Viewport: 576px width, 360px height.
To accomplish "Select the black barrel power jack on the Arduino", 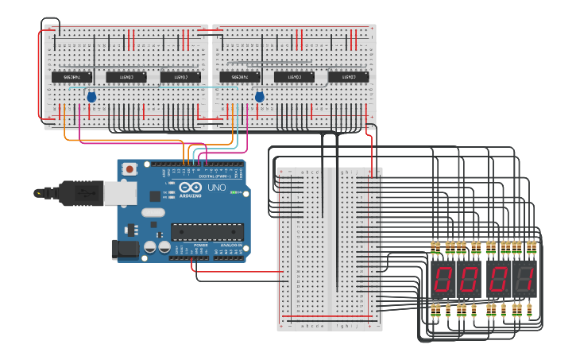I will coord(125,249).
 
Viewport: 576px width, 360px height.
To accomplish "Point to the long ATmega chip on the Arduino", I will coord(207,231).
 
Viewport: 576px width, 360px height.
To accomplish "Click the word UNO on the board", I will coord(217,188).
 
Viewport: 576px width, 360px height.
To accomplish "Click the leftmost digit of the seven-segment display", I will coord(443,279).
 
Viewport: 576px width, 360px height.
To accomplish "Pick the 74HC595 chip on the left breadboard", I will coord(72,77).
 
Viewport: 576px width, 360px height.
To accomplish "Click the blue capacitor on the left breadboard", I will coord(91,97).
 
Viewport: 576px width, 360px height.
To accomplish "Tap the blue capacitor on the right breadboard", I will coord(259,97).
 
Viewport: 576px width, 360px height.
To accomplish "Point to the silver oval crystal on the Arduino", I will coord(153,212).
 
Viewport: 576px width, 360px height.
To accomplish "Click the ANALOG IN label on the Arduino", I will coord(231,246).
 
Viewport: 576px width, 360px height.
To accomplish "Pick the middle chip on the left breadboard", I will coord(126,77).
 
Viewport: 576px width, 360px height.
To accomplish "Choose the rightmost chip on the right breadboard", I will coord(349,77).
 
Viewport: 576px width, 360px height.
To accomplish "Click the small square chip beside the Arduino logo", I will coord(154,195).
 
